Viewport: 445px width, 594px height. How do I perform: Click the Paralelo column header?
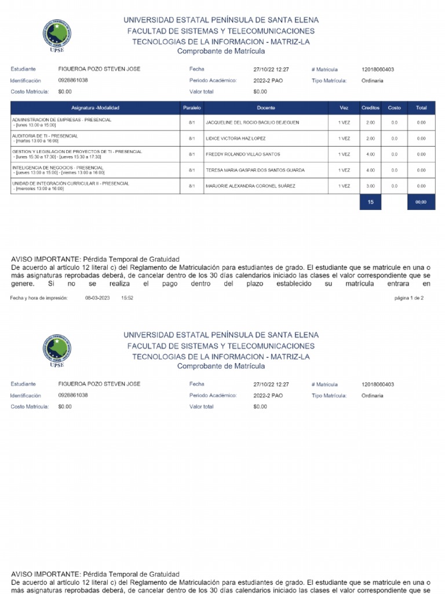coord(191,108)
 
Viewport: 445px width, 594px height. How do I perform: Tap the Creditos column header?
coord(370,108)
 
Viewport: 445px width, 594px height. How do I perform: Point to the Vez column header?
coord(344,108)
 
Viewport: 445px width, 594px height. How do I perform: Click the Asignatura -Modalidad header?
coord(94,108)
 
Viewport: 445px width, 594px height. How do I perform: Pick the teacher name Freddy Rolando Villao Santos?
coord(243,154)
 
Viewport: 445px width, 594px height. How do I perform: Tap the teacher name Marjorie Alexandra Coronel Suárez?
coord(250,186)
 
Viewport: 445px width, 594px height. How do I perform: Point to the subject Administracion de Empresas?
coord(61,119)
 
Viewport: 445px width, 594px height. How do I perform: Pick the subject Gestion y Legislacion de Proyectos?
coord(76,151)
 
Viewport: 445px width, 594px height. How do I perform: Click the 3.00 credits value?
coord(370,186)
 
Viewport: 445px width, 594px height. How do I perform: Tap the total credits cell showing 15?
coord(370,202)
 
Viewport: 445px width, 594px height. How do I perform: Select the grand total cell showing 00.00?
coord(421,202)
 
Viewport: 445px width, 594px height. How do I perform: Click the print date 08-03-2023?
coord(97,298)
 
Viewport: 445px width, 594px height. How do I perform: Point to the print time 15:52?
coord(127,298)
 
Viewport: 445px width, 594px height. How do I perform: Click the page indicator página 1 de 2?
coord(408,298)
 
